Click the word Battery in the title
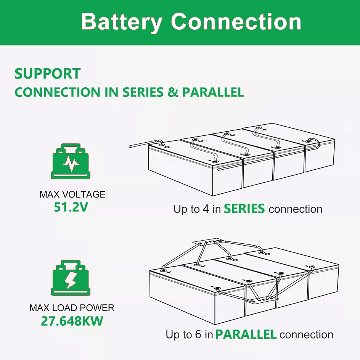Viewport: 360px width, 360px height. tap(122, 22)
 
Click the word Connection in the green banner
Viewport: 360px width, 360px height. tap(236, 22)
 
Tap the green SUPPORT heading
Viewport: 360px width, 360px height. tap(47, 74)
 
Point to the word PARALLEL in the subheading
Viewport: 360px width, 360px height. tap(213, 92)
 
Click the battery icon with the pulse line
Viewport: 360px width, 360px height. tap(71, 162)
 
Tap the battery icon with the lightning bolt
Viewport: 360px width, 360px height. tap(71, 278)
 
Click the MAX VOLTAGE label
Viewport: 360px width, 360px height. tap(72, 194)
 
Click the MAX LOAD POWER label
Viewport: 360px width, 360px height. tap(72, 308)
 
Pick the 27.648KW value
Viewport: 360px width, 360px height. tap(72, 321)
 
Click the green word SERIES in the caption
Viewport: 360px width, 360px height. tap(244, 209)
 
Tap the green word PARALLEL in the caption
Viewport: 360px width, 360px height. tap(246, 335)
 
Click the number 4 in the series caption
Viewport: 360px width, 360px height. tap(206, 209)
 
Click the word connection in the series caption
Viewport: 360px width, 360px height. tap(296, 209)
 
